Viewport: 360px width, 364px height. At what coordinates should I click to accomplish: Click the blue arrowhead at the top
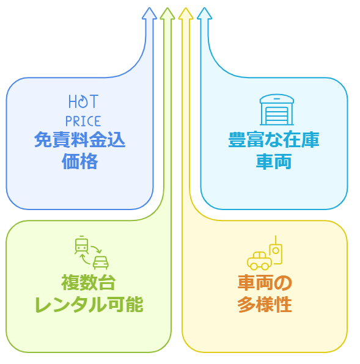tap(149, 13)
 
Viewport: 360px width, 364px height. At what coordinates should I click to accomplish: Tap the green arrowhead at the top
tap(167, 13)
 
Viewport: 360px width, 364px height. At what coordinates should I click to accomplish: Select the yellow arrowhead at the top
tap(186, 13)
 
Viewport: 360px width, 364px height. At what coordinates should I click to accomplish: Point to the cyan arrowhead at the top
tap(204, 13)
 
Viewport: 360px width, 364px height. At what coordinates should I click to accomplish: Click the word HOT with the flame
tap(84, 101)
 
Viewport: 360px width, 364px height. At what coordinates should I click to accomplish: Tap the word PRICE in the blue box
tap(83, 121)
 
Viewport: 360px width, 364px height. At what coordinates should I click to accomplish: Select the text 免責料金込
tap(79, 139)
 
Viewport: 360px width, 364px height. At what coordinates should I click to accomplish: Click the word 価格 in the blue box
tap(79, 161)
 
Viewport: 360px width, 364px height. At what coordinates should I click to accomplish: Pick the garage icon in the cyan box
tap(277, 109)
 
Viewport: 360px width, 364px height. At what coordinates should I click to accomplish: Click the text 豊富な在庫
tap(274, 139)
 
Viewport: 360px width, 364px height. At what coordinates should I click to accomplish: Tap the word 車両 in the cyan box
tap(274, 161)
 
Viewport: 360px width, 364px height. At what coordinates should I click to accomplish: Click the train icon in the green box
tap(81, 245)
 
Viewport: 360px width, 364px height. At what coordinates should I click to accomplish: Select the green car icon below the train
tap(101, 263)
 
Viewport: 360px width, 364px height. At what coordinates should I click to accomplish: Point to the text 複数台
tap(89, 283)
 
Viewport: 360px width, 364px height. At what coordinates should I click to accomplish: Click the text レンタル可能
tap(89, 304)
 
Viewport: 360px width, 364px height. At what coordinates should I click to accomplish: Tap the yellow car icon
tap(259, 261)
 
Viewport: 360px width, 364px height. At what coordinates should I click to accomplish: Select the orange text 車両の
tap(265, 283)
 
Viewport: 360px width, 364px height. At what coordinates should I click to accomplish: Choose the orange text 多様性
tap(265, 304)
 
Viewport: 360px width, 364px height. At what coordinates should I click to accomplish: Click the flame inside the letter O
tap(83, 101)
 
